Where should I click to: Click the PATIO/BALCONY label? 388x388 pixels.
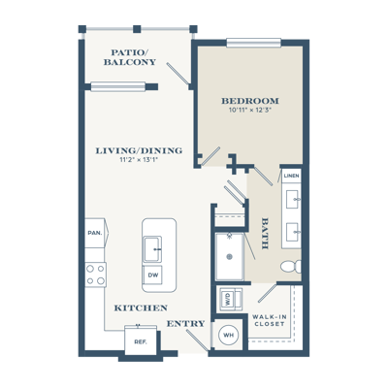(x=130, y=57)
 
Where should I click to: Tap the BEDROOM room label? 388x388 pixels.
(x=250, y=101)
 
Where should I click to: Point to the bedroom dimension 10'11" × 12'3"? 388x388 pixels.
(x=250, y=110)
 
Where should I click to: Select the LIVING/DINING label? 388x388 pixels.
(x=139, y=150)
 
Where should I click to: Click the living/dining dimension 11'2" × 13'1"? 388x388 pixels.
(x=139, y=159)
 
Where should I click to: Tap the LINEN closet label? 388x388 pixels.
(x=291, y=176)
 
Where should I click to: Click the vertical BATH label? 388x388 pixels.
(x=265, y=234)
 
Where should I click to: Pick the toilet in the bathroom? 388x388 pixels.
(x=291, y=267)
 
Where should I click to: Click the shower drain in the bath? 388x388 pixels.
(x=229, y=257)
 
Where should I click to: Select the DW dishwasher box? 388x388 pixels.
(x=152, y=275)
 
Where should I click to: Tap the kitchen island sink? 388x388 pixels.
(x=152, y=249)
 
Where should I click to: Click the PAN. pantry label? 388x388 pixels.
(x=95, y=233)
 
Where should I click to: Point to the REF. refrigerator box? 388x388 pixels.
(x=141, y=340)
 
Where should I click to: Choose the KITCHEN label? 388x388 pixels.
(x=141, y=308)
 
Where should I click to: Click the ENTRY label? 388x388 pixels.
(x=185, y=323)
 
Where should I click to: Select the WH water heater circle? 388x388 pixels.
(x=229, y=335)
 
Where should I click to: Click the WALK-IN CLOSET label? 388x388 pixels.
(x=270, y=320)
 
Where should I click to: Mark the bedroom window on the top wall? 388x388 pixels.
(x=254, y=43)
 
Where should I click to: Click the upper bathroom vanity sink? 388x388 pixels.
(x=293, y=200)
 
